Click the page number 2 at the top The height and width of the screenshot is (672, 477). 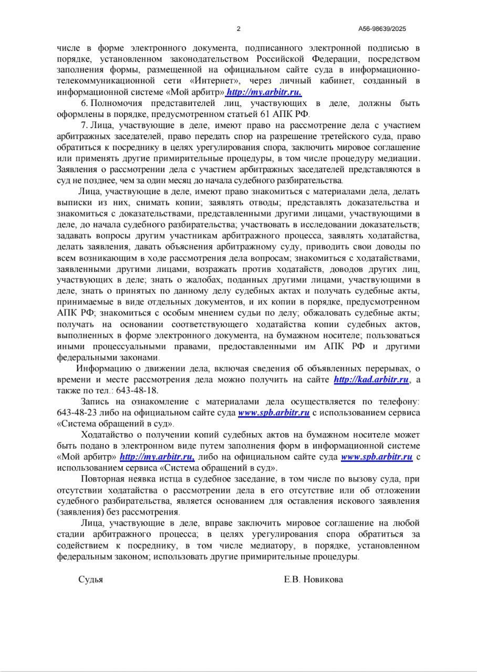coord(238,29)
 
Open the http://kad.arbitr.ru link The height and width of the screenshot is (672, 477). coord(371,380)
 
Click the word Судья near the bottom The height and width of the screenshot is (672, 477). coord(90,580)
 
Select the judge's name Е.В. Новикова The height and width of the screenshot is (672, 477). coord(313,580)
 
